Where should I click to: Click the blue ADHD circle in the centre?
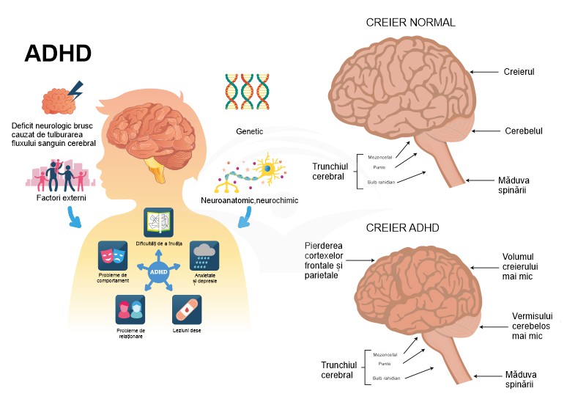pos(157,271)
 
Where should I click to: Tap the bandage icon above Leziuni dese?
pos(186,310)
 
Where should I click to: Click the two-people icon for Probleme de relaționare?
pos(130,310)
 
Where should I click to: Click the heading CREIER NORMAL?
pos(410,23)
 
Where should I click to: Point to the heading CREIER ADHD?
pos(402,228)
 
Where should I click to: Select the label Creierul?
pos(519,72)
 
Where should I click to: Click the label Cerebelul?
pos(523,131)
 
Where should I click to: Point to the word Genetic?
pos(250,133)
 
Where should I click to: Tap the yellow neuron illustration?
pos(270,169)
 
